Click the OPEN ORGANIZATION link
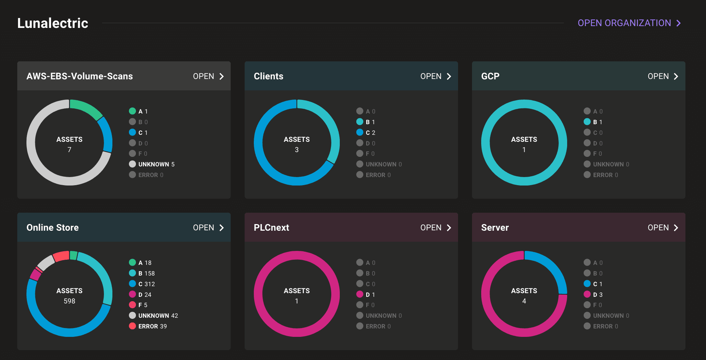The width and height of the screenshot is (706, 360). pyautogui.click(x=629, y=23)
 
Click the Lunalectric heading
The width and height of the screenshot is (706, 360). pyautogui.click(x=53, y=23)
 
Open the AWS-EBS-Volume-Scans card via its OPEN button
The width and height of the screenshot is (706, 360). pyautogui.click(x=208, y=76)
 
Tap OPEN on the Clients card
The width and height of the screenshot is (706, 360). pyautogui.click(x=436, y=76)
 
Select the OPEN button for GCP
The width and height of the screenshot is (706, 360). pyautogui.click(x=663, y=76)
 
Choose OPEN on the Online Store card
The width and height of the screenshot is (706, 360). pyautogui.click(x=208, y=228)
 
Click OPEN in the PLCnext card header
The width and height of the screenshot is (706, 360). pyautogui.click(x=436, y=228)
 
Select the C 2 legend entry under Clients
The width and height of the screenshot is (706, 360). pyautogui.click(x=370, y=133)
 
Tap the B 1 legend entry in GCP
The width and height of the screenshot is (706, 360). pyautogui.click(x=597, y=122)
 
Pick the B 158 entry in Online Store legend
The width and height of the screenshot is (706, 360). pyautogui.click(x=146, y=273)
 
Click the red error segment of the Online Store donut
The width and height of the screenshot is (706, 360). pyautogui.click(x=61, y=256)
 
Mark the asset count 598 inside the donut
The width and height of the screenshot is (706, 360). pyautogui.click(x=69, y=301)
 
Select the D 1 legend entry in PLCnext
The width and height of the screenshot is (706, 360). pyautogui.click(x=370, y=295)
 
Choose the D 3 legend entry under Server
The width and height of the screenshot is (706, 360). pyautogui.click(x=597, y=295)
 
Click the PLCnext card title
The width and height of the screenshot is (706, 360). pyautogui.click(x=271, y=228)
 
